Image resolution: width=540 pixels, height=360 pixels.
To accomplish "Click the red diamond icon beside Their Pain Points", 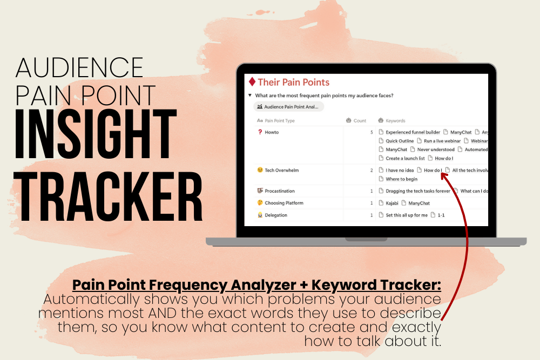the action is [252, 82].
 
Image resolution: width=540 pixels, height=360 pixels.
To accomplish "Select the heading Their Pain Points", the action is [293, 82].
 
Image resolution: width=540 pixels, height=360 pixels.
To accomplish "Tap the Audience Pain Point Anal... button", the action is [288, 107].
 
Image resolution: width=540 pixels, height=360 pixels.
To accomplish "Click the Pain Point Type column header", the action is [276, 120].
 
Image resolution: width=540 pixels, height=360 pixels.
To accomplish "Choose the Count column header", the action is [356, 120].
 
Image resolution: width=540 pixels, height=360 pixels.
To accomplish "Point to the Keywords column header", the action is [391, 120].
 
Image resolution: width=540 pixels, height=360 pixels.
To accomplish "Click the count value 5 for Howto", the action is [372, 132].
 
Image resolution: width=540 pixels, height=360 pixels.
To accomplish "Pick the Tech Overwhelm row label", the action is [278, 170].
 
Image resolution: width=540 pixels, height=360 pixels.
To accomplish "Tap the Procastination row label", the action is [276, 191].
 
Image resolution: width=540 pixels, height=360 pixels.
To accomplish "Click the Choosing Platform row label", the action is [280, 203].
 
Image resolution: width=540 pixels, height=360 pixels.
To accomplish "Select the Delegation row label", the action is [272, 215].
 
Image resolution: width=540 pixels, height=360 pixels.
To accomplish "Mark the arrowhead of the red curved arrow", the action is [444, 176].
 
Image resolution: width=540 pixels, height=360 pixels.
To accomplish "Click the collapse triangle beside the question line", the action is [250, 96].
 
